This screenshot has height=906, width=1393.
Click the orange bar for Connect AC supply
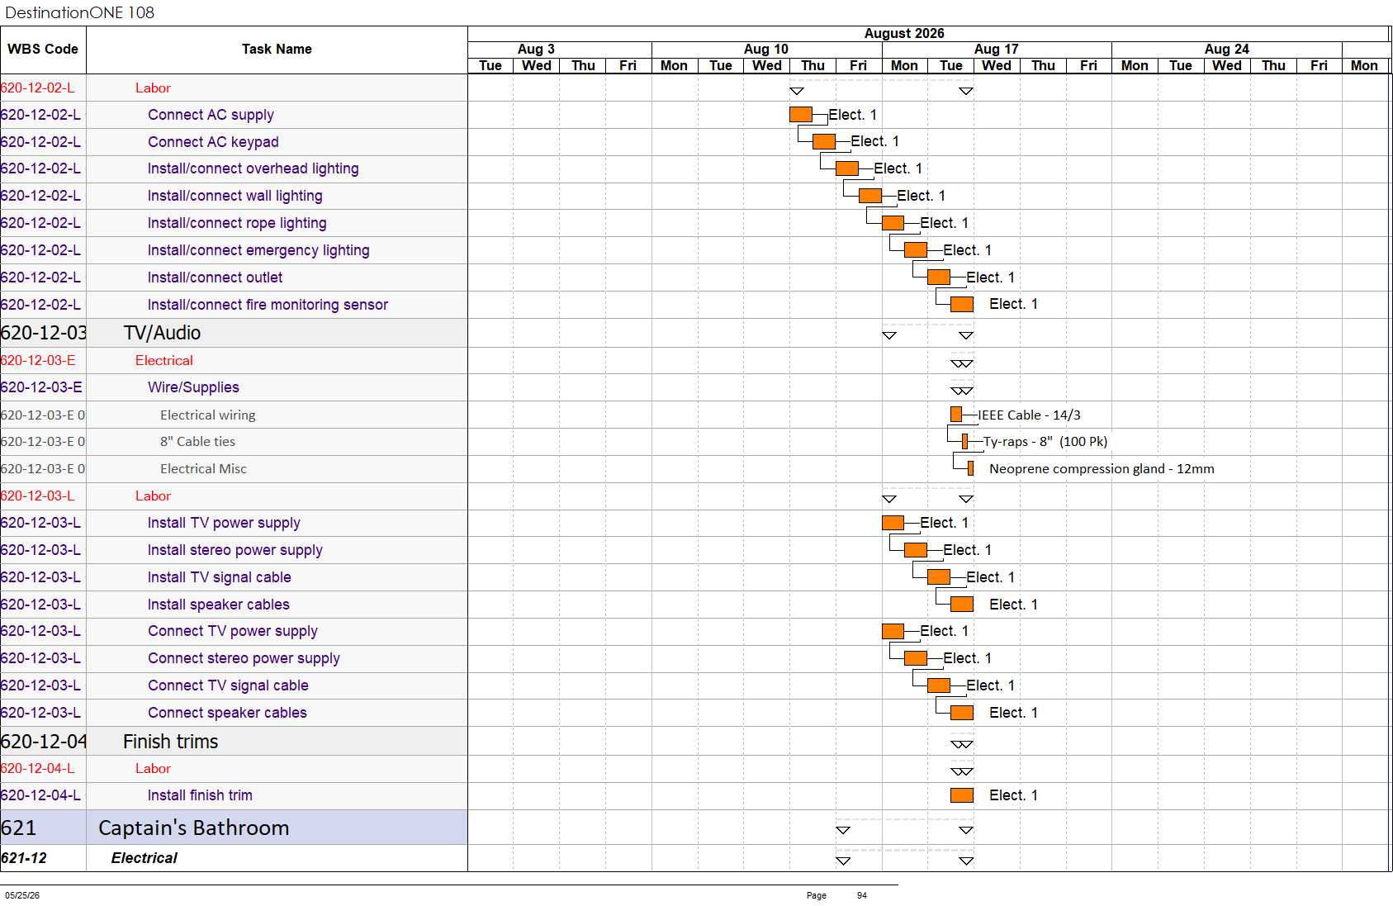(800, 115)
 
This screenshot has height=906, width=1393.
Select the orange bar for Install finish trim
(961, 795)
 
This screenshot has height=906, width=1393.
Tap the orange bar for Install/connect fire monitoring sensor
(961, 304)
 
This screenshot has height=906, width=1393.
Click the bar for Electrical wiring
(956, 414)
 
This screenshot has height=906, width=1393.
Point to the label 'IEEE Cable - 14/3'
(1029, 415)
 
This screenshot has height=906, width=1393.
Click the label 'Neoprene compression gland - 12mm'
(1102, 469)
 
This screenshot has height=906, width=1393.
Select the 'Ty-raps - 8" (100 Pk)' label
(1045, 442)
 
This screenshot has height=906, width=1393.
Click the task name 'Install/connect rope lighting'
(237, 223)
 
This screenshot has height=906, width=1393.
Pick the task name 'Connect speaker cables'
(227, 713)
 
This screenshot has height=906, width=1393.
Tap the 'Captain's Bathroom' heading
(193, 828)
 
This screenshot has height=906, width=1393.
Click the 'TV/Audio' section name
(162, 333)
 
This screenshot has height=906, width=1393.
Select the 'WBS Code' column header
(43, 49)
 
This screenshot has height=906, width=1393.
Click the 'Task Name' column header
(277, 49)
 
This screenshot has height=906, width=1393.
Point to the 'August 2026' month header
(904, 34)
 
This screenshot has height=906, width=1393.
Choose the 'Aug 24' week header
(1226, 49)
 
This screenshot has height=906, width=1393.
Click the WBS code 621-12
(24, 858)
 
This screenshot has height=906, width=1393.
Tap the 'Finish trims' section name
(170, 741)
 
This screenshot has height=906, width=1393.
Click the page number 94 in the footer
(862, 895)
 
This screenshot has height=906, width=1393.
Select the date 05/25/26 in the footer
(22, 895)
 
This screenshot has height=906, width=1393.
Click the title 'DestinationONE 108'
(79, 12)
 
